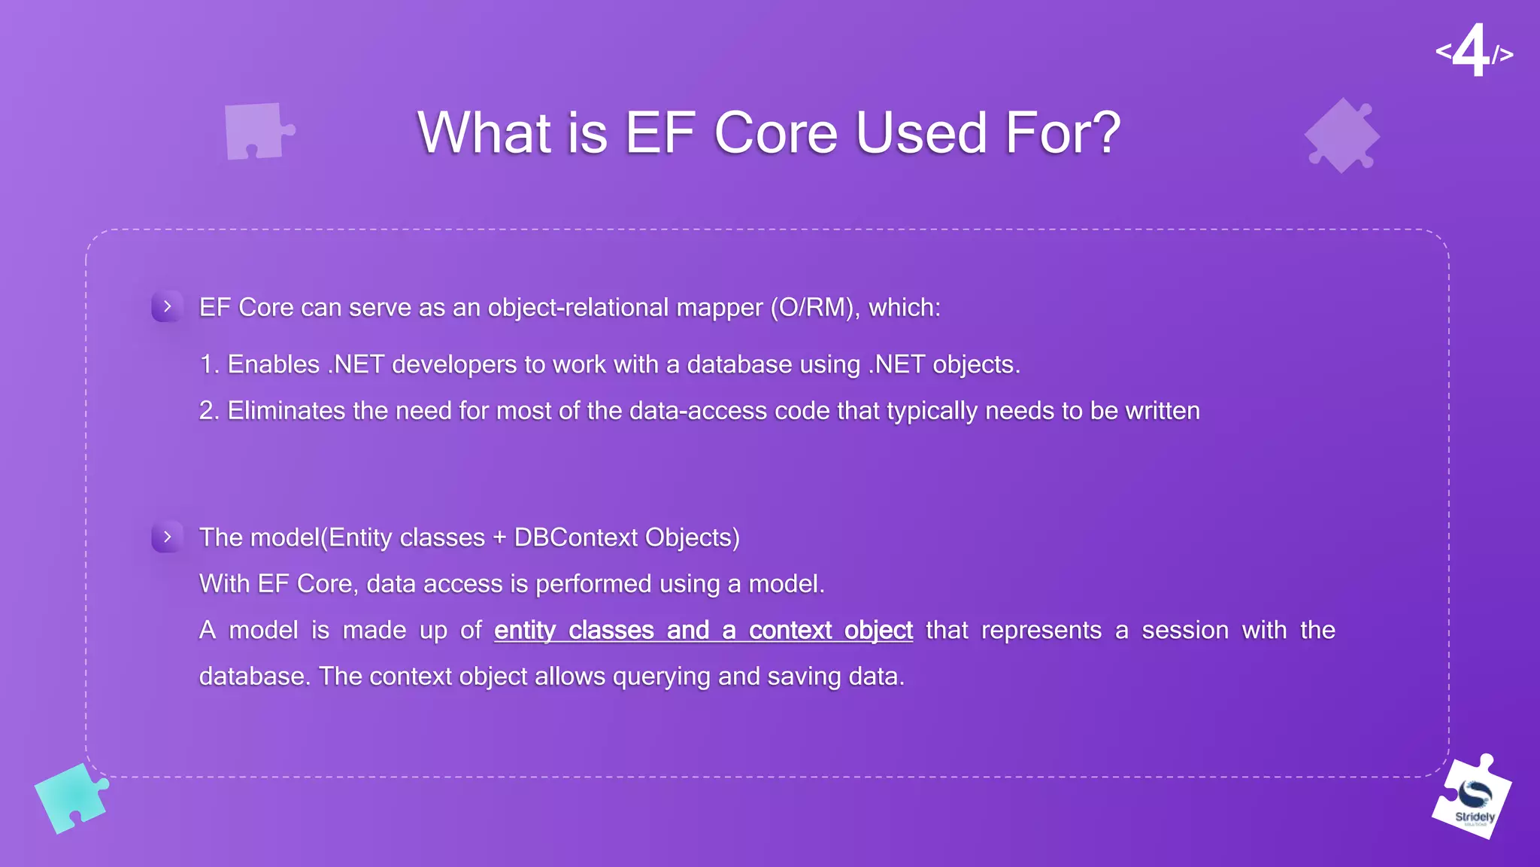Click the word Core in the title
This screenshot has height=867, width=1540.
click(x=775, y=132)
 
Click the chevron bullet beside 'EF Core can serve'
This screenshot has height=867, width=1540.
click(x=167, y=306)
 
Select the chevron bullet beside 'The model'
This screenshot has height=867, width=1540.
click(x=167, y=537)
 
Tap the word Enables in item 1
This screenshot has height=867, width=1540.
click(x=273, y=365)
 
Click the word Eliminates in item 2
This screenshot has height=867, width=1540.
click(x=286, y=411)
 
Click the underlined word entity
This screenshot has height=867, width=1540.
click(x=524, y=631)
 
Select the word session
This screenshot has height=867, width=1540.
click(x=1185, y=631)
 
